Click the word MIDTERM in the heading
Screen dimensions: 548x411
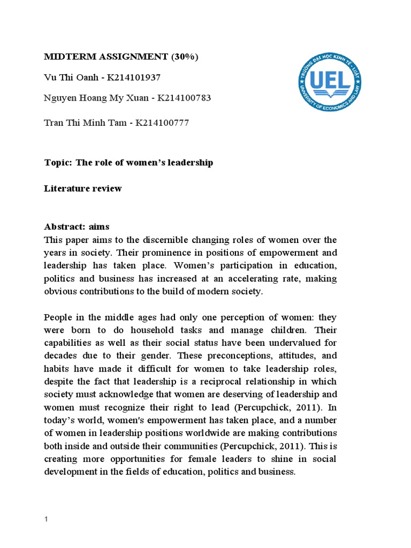(67, 57)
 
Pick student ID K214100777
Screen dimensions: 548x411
(162, 123)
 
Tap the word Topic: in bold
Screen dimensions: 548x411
(59, 162)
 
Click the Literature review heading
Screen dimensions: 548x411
(83, 188)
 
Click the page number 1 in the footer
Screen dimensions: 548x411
(45, 519)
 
